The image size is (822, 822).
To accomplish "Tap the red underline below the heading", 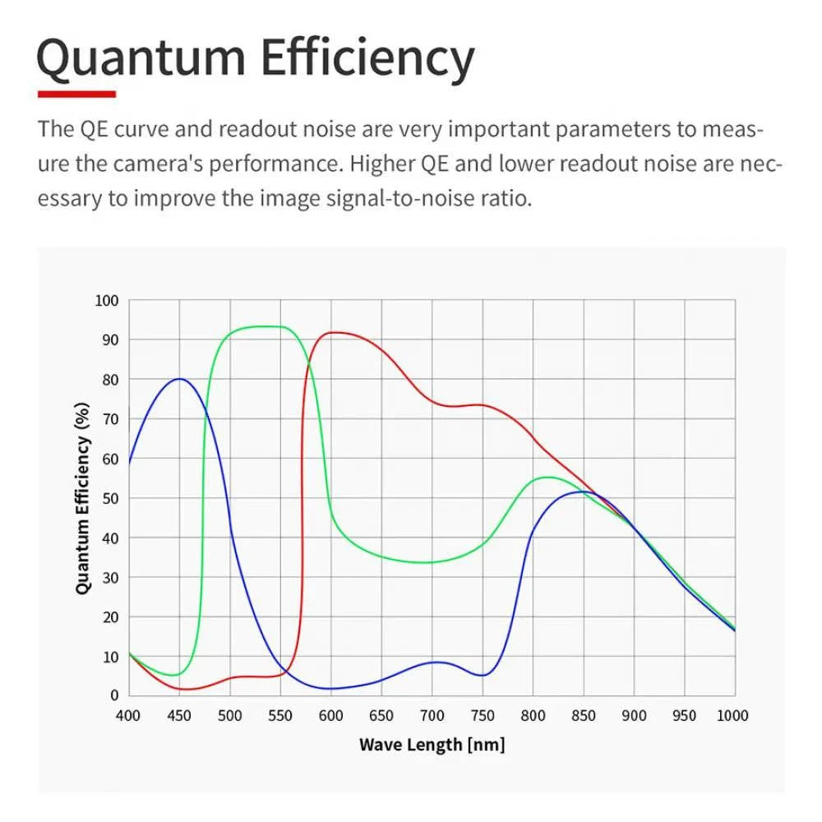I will click(x=76, y=95).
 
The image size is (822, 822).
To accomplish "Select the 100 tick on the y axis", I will click(x=107, y=301).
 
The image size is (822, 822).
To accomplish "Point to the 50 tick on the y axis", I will click(x=110, y=498).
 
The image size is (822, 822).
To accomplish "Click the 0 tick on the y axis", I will click(x=114, y=695).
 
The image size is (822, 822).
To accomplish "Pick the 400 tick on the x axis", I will click(x=128, y=716).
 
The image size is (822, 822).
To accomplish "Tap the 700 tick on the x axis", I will click(x=432, y=716).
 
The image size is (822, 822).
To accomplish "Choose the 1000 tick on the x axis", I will click(x=732, y=716).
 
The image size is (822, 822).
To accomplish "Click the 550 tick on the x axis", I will click(x=280, y=716).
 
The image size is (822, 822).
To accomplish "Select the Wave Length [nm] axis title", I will click(x=432, y=746).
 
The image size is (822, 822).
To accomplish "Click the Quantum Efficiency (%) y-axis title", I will click(x=82, y=498).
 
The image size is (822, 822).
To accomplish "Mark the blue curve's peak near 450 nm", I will click(x=179, y=379).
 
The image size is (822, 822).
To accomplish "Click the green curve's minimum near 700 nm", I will click(x=427, y=562).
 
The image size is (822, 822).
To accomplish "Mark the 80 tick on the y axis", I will click(x=110, y=380).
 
